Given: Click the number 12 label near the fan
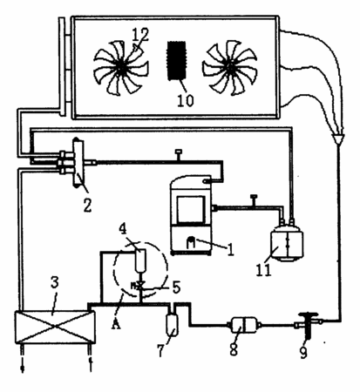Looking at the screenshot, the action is click(140, 35).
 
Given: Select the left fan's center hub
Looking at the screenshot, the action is click(121, 67).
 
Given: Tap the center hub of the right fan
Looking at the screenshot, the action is click(230, 67).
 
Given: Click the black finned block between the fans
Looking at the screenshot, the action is click(176, 60).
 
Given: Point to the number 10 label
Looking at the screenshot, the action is click(185, 100).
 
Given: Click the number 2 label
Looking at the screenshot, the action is click(87, 205).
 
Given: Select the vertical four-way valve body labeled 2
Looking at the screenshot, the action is click(78, 163).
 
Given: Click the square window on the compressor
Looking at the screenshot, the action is click(191, 209).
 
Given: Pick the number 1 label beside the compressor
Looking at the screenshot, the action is click(230, 249).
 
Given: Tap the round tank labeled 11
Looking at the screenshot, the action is click(287, 243).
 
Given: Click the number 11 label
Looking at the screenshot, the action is click(263, 270).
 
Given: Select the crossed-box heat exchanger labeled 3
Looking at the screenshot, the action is click(55, 328).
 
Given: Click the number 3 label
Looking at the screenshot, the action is click(55, 282).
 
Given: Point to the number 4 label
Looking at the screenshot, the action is click(123, 229).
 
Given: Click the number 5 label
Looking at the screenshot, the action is click(176, 287).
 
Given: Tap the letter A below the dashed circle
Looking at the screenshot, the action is click(116, 323).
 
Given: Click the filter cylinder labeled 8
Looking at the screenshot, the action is click(243, 326).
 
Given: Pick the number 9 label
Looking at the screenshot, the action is click(303, 352).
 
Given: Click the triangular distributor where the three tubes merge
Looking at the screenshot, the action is click(338, 139).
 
